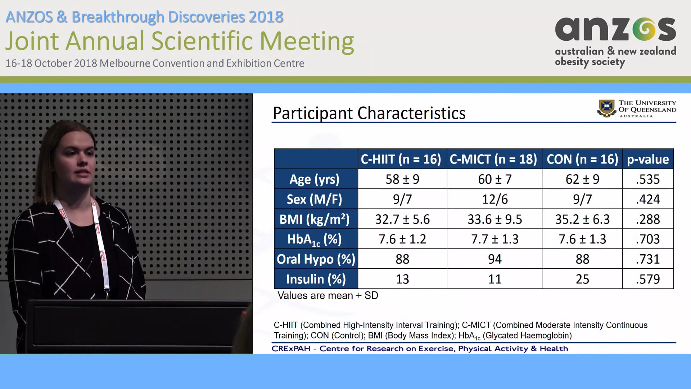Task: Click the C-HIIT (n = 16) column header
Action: point(401,159)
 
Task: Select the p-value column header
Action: point(647,159)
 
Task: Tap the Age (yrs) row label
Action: point(315,179)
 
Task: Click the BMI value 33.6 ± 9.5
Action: point(494,219)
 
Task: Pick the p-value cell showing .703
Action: point(647,239)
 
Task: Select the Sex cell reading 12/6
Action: point(494,199)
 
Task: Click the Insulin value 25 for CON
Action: point(582,279)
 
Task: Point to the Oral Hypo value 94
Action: point(494,259)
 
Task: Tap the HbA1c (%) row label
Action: point(315,240)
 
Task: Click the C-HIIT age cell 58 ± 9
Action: point(402,179)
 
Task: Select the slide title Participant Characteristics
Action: point(369,113)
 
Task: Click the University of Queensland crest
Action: point(606,108)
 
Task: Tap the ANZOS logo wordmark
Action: point(615,30)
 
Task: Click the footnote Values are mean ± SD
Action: point(328,296)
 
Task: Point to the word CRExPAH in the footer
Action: point(290,349)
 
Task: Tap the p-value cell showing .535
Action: point(647,179)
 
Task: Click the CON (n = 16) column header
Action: point(582,159)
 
